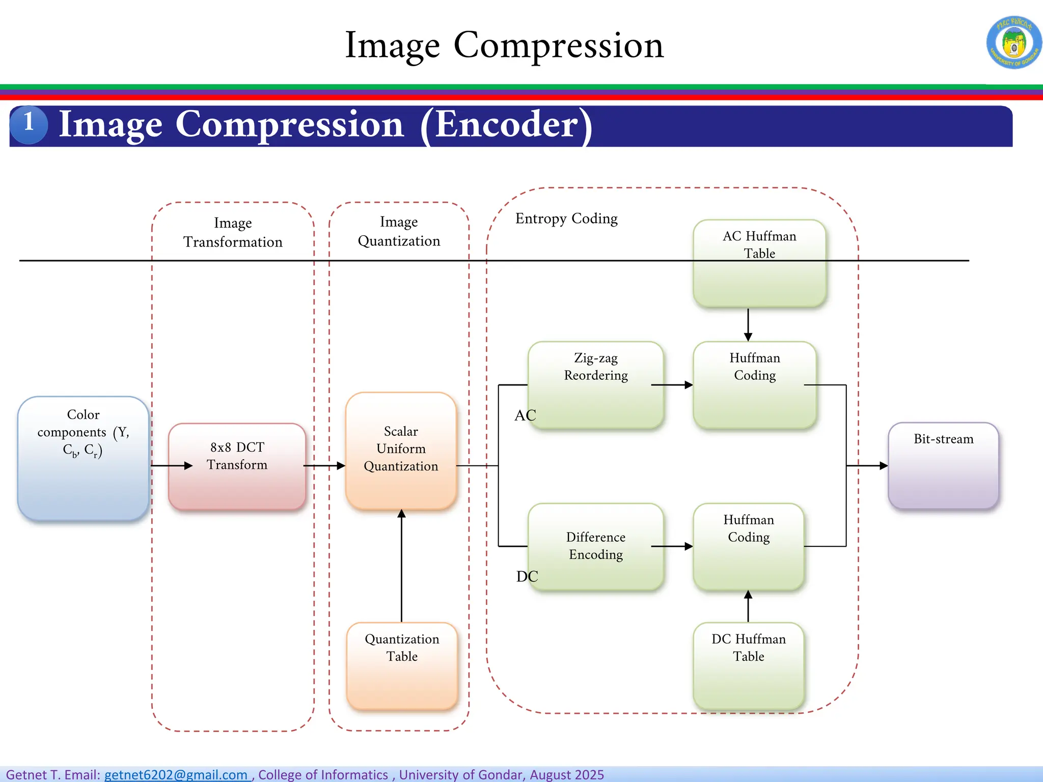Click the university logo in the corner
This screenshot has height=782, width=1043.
coord(1013,42)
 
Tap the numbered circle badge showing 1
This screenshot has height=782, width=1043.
coord(29,124)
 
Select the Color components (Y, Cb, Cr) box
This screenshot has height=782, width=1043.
coord(84,458)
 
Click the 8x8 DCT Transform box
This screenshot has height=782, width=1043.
coord(237,466)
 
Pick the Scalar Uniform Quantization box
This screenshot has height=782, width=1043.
coord(401,451)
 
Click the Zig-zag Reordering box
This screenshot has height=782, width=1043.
coord(595,384)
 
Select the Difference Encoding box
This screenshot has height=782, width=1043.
coord(595,546)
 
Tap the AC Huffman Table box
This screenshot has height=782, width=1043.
coord(759,263)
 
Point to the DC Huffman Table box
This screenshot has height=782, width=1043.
coord(748,665)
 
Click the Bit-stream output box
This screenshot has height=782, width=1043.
coord(943,465)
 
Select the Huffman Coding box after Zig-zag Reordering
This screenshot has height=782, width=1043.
coord(754,384)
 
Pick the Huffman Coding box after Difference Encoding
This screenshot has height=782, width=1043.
coord(748,546)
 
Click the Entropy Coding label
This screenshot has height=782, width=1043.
coord(566,218)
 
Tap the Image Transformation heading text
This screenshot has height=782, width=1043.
coord(233,232)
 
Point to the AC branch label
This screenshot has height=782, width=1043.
coord(525,415)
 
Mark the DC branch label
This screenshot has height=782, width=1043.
coord(527,576)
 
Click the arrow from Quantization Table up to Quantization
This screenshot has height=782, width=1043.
coord(401,565)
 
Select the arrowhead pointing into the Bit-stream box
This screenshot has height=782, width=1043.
coord(883,465)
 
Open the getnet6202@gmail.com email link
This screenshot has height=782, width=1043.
coord(176,774)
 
